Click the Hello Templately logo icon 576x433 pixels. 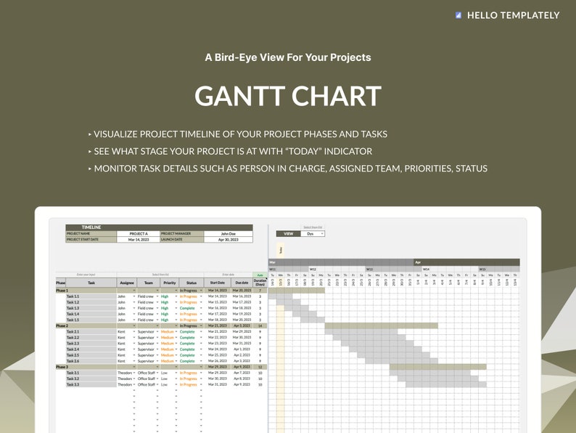[x=458, y=15]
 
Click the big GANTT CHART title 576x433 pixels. [x=288, y=97]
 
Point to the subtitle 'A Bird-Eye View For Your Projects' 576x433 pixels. [x=288, y=57]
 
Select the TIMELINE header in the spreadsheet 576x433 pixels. [x=91, y=227]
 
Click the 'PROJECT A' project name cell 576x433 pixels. [x=138, y=233]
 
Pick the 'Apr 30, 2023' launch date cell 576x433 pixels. [x=228, y=239]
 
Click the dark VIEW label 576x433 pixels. [x=288, y=234]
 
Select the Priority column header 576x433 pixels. [x=170, y=283]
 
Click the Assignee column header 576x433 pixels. [x=127, y=283]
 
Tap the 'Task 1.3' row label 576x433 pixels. [x=73, y=308]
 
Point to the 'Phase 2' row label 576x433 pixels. [x=62, y=326]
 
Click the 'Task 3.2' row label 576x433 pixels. [x=73, y=379]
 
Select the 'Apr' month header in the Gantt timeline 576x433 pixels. [x=418, y=262]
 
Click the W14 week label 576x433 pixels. [x=426, y=269]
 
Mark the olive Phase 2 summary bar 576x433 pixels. [x=381, y=326]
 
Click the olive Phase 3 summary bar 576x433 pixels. [x=437, y=367]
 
